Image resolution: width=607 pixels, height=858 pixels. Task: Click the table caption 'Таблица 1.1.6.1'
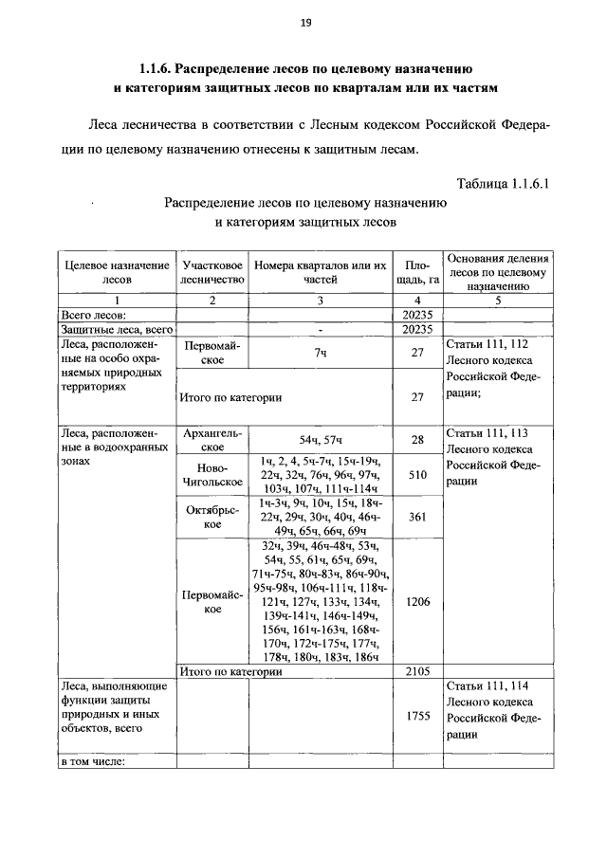[x=503, y=183]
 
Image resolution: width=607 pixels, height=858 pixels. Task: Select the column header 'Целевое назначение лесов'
[x=117, y=273]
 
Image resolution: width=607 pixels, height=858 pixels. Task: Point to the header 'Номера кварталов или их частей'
[x=321, y=273]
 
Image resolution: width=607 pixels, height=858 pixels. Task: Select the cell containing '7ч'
[x=321, y=353]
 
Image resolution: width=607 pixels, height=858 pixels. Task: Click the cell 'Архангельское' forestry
[x=213, y=440]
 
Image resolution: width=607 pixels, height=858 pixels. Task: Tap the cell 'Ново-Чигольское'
[x=213, y=475]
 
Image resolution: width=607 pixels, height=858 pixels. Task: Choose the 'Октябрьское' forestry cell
[x=213, y=517]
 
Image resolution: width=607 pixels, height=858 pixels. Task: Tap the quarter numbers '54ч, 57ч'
[x=321, y=440]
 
